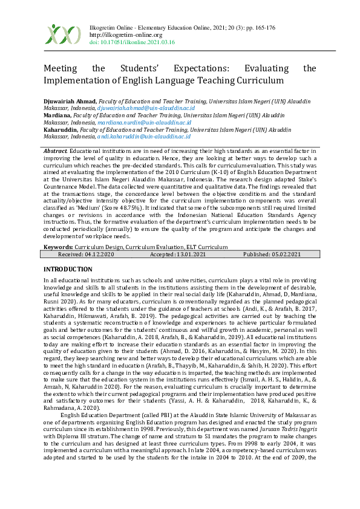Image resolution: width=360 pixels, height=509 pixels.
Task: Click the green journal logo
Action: (x=63, y=34)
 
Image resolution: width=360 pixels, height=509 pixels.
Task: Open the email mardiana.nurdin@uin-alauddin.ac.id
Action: (x=144, y=122)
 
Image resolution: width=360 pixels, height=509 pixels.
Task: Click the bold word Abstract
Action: (x=56, y=149)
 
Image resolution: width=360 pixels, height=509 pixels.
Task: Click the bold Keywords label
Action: (x=58, y=247)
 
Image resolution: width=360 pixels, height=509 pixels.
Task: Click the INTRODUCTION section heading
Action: (x=68, y=268)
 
